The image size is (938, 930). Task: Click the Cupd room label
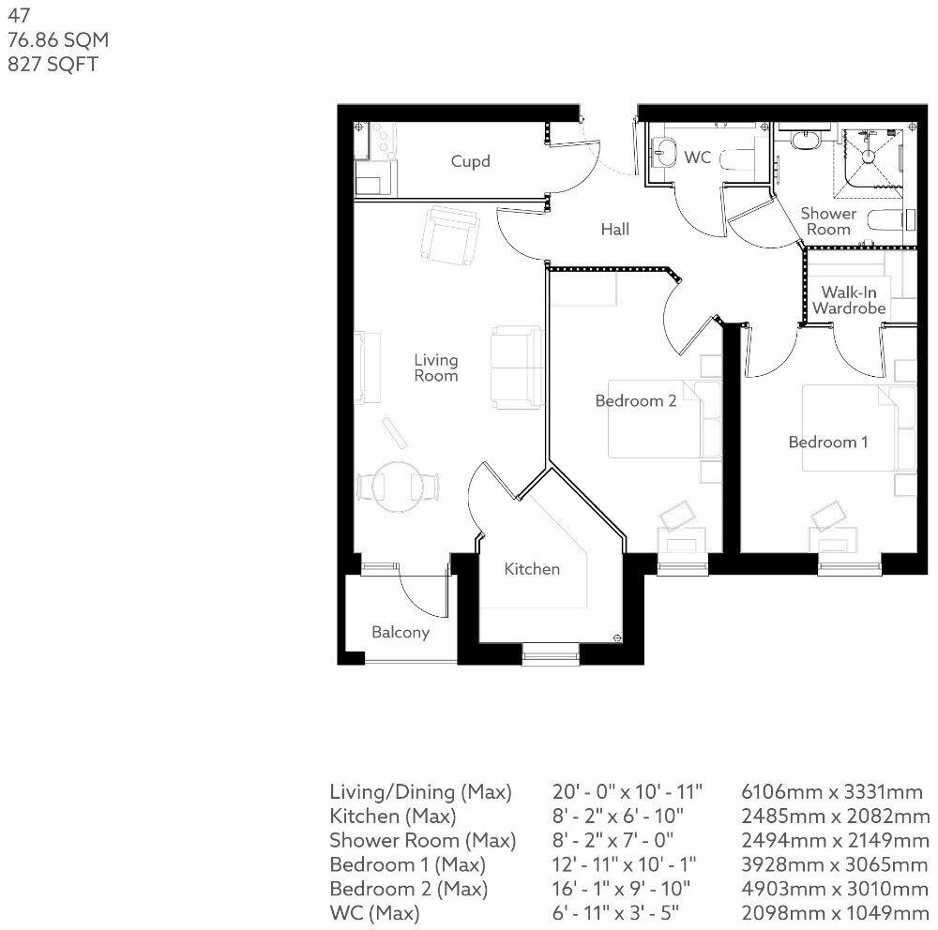coord(470,161)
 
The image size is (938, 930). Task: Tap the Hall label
coord(615,229)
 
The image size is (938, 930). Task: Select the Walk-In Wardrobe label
coord(849,300)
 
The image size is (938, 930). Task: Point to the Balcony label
coord(401,632)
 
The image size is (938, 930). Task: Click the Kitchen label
coord(532,568)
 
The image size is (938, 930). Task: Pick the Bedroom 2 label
coord(636,400)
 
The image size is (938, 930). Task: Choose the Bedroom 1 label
coord(828,442)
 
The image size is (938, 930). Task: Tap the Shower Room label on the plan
coord(828,221)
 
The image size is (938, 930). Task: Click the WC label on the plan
coord(698,157)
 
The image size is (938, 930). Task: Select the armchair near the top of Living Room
coord(449,234)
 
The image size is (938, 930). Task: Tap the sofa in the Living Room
coord(517,367)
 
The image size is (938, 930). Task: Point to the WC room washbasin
coord(666,152)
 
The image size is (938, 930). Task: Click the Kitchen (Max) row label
coord(392,816)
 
